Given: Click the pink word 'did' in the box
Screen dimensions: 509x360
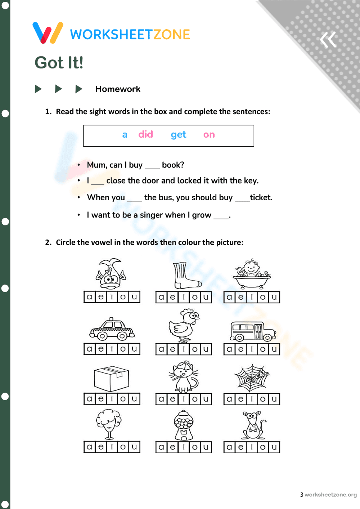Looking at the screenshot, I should pos(146,134).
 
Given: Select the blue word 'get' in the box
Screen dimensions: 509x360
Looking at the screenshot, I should pos(179,135).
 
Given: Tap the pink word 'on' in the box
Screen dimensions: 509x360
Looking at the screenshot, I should pos(209,135).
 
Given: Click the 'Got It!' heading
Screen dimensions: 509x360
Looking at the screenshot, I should pos(59,63).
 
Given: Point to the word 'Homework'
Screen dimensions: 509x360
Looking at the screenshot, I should pos(118,89).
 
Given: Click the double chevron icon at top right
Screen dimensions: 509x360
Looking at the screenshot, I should pos(328,40).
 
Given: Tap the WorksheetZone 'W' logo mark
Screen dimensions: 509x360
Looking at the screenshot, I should pos(48,33).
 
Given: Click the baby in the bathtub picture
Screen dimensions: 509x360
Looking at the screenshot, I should pos(252,274).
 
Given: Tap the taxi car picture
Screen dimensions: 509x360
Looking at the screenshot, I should pos(112,330).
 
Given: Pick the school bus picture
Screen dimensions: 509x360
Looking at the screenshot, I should pos(252,331).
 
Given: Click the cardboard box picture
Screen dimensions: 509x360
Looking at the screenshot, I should pos(112,379).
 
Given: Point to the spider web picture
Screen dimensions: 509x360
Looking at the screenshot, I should pos(252,378).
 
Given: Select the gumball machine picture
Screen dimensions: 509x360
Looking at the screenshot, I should pos(184,425).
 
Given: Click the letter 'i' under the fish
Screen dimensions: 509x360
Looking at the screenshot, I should pos(112,297).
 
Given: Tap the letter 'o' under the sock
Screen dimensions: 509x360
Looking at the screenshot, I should pos(195,297).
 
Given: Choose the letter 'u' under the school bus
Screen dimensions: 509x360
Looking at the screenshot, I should pos(274,349).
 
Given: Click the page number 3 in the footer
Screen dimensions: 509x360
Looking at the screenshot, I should pos(302,495).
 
